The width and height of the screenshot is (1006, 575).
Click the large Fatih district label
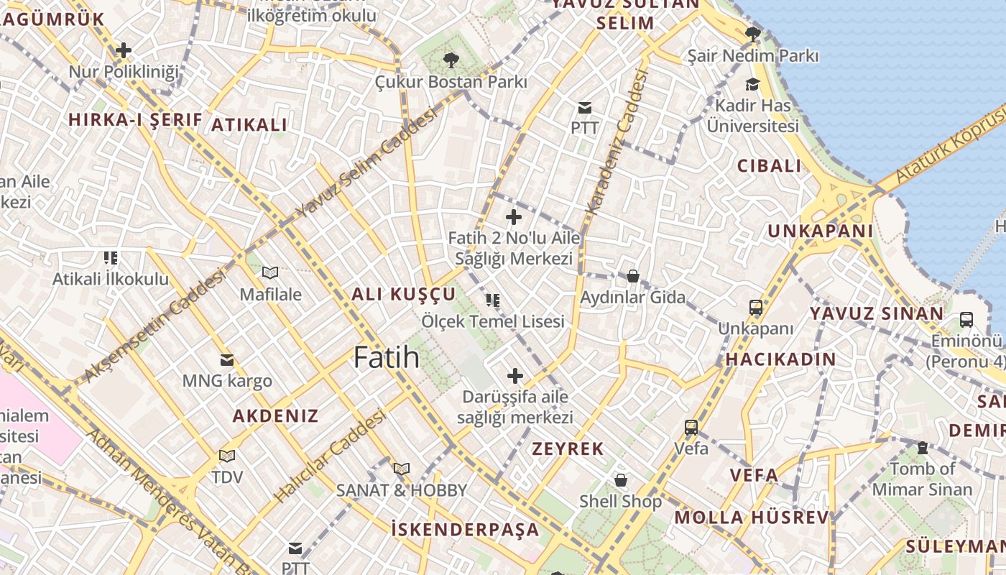click(386, 357)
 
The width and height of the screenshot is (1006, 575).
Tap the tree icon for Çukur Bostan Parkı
click(451, 60)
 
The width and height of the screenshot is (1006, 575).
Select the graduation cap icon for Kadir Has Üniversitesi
click(752, 85)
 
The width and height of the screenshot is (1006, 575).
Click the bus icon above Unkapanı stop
click(756, 308)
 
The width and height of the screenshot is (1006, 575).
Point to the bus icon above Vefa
click(691, 428)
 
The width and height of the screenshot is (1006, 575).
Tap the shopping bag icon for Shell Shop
click(620, 479)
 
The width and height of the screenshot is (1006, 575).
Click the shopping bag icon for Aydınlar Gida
click(633, 276)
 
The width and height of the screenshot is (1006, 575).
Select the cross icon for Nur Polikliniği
click(124, 50)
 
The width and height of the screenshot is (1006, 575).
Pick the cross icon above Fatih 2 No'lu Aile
click(514, 216)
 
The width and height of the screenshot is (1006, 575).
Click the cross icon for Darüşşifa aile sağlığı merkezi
click(515, 375)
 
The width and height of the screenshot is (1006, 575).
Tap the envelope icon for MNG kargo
click(227, 359)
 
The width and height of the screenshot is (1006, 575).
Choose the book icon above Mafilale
click(270, 273)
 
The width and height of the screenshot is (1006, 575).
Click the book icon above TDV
click(227, 456)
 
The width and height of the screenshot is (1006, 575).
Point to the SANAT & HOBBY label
click(402, 491)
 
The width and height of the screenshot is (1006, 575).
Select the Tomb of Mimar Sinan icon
click(923, 448)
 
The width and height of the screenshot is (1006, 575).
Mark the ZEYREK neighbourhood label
click(568, 449)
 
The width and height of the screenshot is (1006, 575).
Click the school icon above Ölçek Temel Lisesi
click(492, 300)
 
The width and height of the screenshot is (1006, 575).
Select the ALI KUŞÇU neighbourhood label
click(403, 294)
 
